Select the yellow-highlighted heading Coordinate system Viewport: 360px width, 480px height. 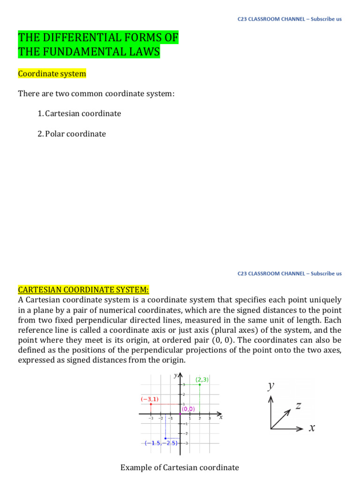coord(52,74)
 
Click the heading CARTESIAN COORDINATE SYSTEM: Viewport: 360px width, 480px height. coord(83,289)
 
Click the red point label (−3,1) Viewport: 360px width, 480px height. coord(150,399)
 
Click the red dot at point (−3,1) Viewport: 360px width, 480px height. coord(150,404)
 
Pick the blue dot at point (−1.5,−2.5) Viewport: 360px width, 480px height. coord(165,438)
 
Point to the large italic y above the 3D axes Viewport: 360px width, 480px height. coord(270,385)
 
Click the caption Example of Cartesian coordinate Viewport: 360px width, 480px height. coord(180,467)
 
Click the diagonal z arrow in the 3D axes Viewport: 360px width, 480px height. coord(282,418)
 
